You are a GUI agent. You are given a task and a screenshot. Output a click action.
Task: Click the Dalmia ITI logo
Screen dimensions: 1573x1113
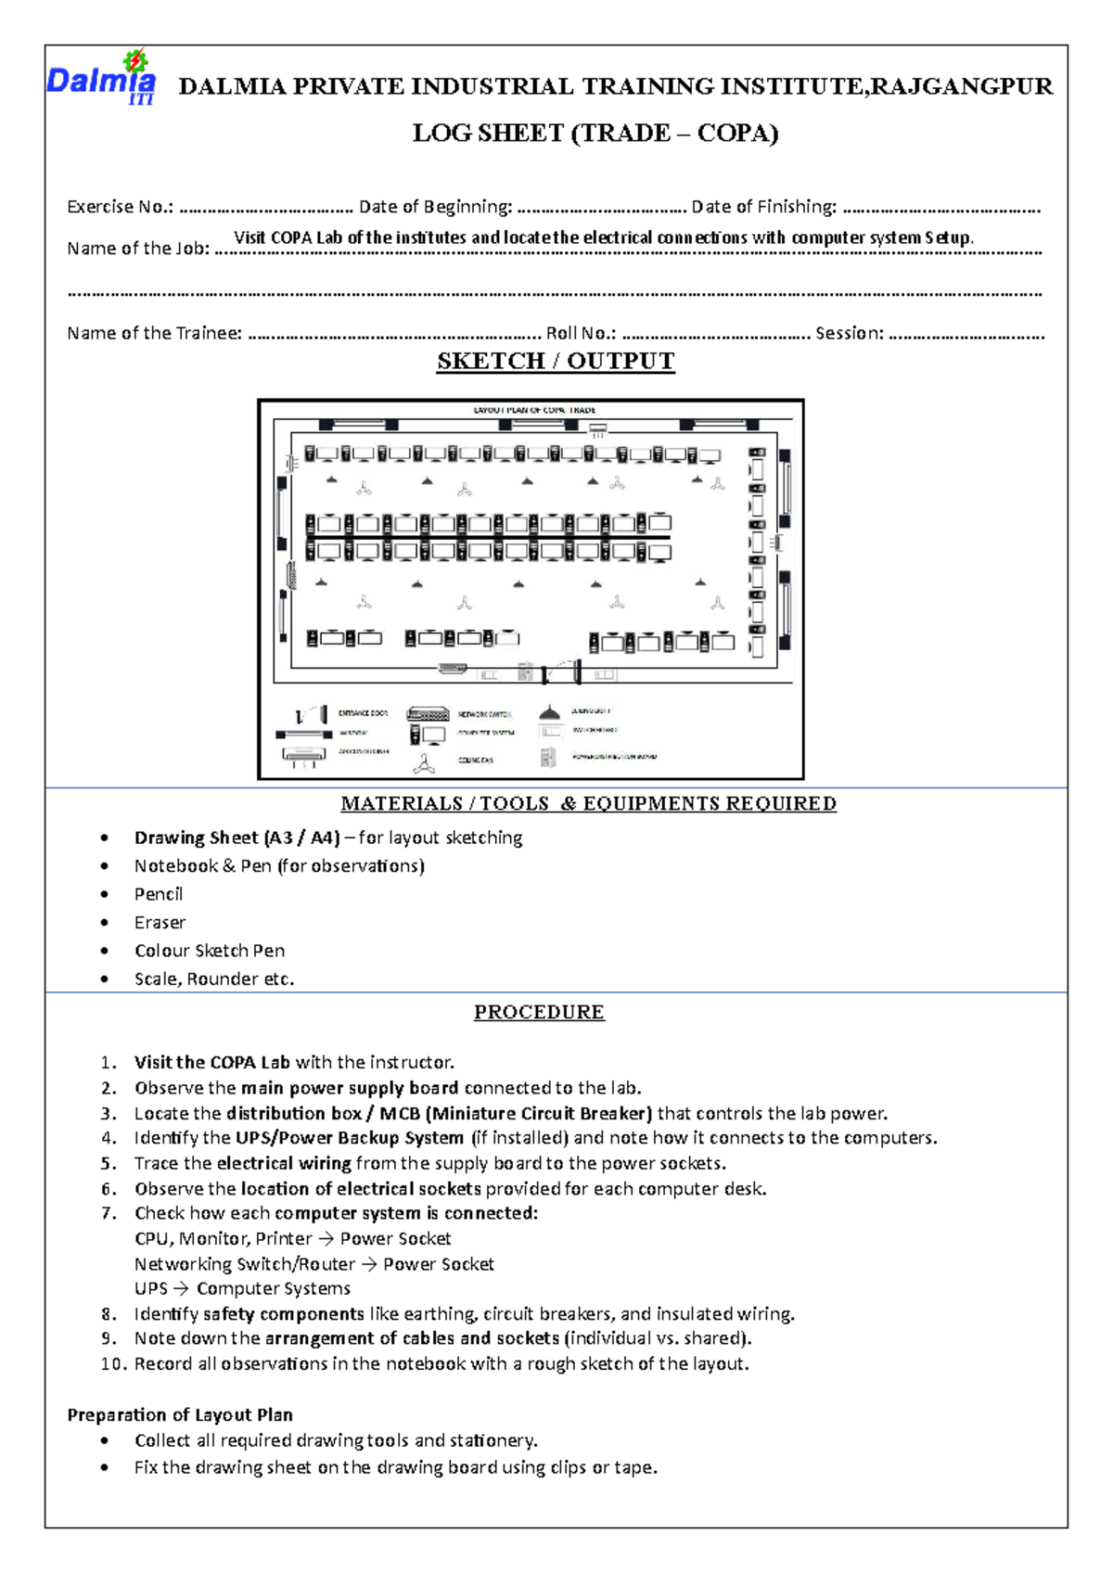(x=101, y=78)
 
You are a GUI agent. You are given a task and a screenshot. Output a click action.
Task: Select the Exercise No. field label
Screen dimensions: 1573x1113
(x=120, y=207)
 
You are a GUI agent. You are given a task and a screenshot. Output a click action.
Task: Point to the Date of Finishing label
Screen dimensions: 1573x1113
(x=763, y=207)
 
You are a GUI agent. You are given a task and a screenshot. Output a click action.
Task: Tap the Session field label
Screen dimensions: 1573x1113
(x=849, y=333)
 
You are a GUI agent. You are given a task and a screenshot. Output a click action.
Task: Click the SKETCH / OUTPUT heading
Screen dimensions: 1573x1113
(x=556, y=361)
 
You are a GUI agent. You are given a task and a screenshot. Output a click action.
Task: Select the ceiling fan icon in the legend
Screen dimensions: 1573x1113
(x=425, y=763)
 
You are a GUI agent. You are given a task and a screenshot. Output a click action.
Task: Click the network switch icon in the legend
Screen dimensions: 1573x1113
(x=428, y=714)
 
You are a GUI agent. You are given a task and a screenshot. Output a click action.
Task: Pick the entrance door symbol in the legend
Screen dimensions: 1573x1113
(x=312, y=715)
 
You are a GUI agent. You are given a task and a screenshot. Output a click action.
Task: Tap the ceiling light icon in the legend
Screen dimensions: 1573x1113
(x=549, y=712)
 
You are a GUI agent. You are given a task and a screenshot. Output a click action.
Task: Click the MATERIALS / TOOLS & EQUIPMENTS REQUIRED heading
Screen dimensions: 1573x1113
(x=588, y=803)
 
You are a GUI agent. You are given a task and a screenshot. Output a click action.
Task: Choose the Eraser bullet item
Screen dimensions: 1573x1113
(x=160, y=923)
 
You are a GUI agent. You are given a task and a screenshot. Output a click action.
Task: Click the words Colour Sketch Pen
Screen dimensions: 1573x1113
(x=210, y=951)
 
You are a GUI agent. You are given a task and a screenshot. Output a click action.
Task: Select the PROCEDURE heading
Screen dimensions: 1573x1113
(x=539, y=1012)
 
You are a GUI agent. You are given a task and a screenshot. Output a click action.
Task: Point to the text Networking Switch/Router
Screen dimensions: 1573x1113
(x=245, y=1264)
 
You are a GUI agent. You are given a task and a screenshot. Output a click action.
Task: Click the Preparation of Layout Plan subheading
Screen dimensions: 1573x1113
(x=180, y=1415)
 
